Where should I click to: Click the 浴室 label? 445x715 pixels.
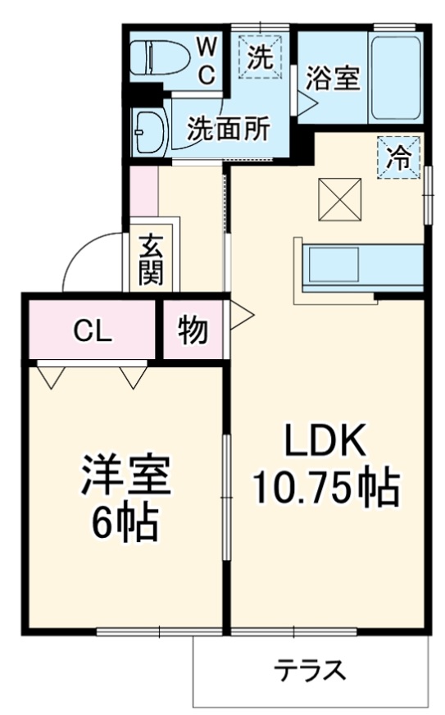click(x=333, y=79)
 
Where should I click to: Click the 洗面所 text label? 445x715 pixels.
click(x=229, y=128)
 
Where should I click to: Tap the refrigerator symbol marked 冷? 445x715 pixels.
click(x=399, y=156)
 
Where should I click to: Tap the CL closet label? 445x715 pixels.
click(x=89, y=330)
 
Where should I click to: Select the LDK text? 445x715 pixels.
click(x=324, y=443)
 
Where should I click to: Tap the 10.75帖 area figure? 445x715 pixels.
click(x=325, y=490)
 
